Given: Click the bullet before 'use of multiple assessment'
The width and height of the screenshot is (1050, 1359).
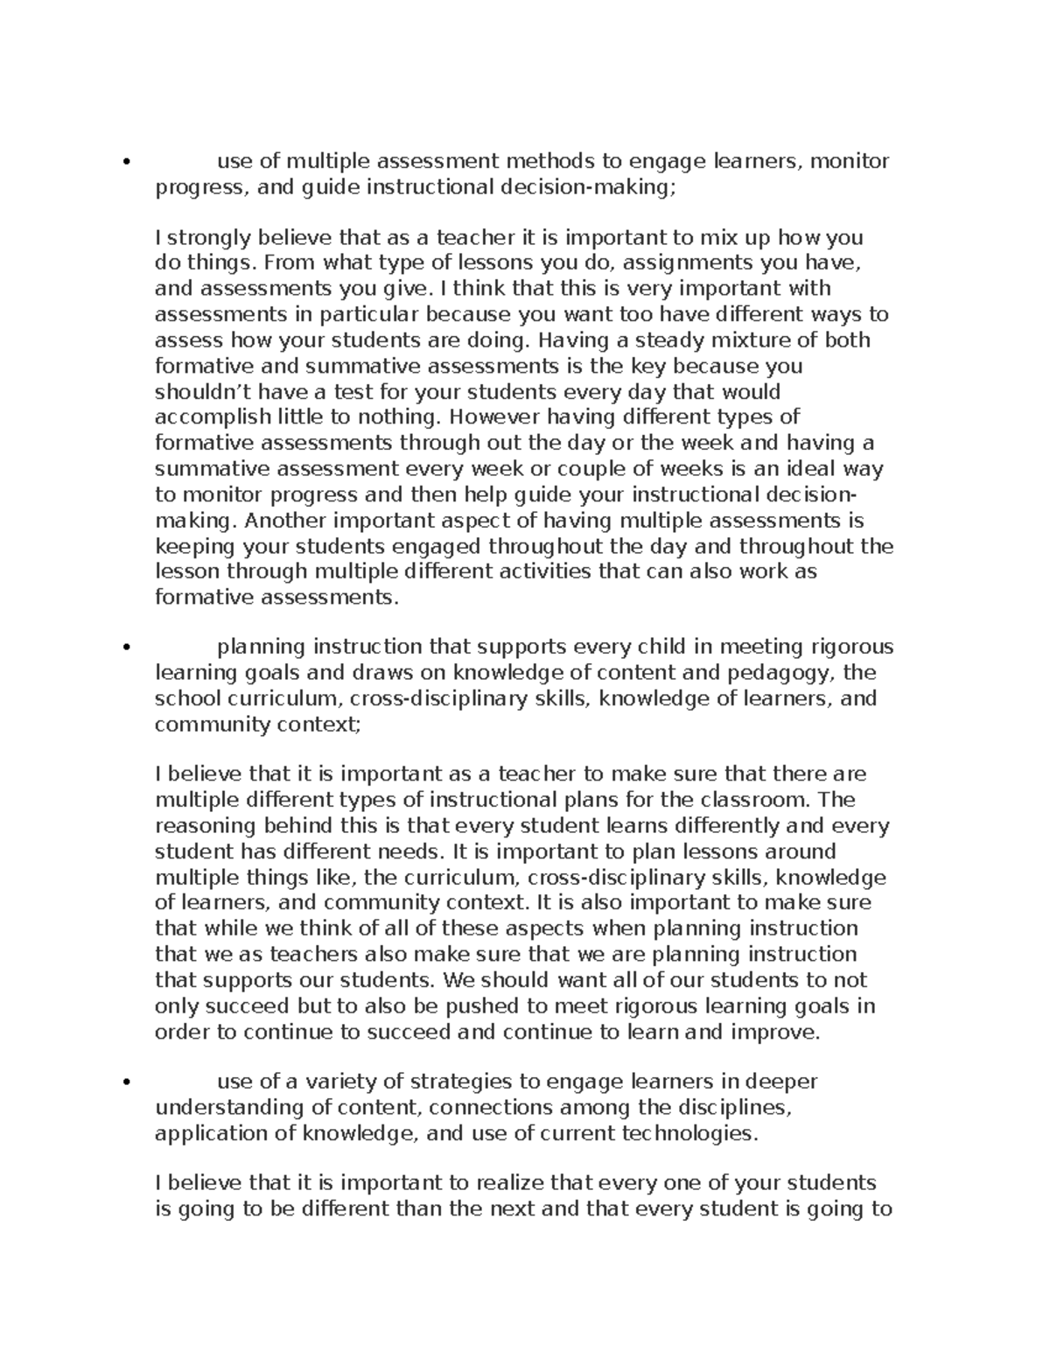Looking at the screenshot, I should pos(128,162).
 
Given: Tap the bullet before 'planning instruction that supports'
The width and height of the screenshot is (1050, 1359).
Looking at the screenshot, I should pos(128,648).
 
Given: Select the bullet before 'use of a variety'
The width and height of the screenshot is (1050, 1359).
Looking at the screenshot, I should pos(128,1082).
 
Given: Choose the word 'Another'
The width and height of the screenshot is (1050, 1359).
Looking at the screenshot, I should pos(284,521).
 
